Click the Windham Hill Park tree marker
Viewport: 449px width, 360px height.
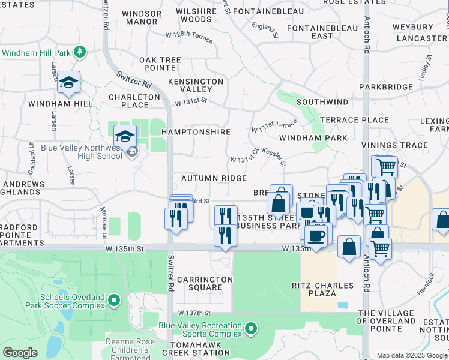(80, 53)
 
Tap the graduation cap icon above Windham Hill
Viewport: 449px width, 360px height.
(68, 83)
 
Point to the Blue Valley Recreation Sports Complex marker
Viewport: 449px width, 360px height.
(252, 328)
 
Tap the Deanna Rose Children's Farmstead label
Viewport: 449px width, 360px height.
(130, 347)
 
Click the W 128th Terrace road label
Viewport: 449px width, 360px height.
(188, 35)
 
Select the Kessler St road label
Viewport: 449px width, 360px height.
(274, 158)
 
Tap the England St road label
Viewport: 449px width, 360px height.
(265, 28)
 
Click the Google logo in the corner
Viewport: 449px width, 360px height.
(20, 353)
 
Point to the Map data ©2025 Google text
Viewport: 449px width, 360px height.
(412, 355)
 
